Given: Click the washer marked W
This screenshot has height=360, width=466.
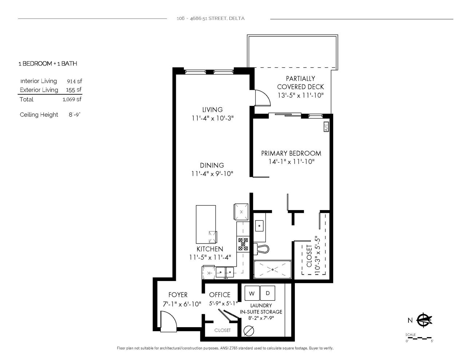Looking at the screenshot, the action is [x=252, y=293].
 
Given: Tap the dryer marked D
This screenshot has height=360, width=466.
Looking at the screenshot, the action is [x=268, y=293].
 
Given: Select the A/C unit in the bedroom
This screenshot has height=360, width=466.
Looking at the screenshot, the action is [x=326, y=127].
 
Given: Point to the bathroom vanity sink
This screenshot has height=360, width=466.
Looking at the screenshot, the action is [x=259, y=226].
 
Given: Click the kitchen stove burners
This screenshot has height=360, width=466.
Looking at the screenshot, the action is [x=243, y=244].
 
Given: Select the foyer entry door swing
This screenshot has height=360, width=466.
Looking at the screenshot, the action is [x=169, y=322].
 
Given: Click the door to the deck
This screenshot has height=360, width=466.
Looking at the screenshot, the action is [x=262, y=98].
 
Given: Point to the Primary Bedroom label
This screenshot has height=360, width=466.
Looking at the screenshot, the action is [x=291, y=153].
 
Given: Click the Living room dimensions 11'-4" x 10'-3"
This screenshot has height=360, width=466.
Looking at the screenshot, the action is [x=213, y=118].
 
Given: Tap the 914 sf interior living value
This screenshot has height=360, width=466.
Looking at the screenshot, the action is [x=74, y=81].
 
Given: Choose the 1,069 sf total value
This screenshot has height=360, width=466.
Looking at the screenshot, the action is [x=72, y=99].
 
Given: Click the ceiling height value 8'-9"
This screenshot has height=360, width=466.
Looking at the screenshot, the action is [x=74, y=115].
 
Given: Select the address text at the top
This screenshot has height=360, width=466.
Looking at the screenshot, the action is [x=210, y=19].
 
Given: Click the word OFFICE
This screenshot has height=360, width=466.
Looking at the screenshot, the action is [x=220, y=295].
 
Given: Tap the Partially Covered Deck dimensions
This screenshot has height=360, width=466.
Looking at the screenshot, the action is [x=300, y=95].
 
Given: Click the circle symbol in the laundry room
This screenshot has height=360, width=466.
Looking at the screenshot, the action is [x=249, y=331].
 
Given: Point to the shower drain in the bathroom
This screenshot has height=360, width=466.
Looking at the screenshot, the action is [x=272, y=269].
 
